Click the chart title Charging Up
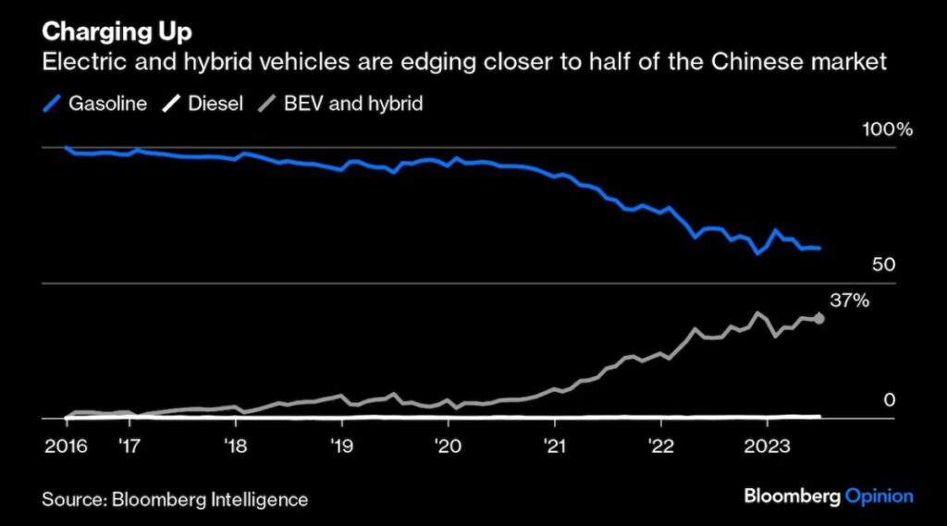tap(117, 31)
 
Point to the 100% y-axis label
tap(888, 130)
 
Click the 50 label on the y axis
tap(884, 265)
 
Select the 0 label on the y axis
tap(890, 400)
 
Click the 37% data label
tap(850, 300)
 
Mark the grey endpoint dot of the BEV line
tap(819, 320)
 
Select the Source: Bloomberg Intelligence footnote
tap(174, 499)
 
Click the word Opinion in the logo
tap(879, 496)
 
